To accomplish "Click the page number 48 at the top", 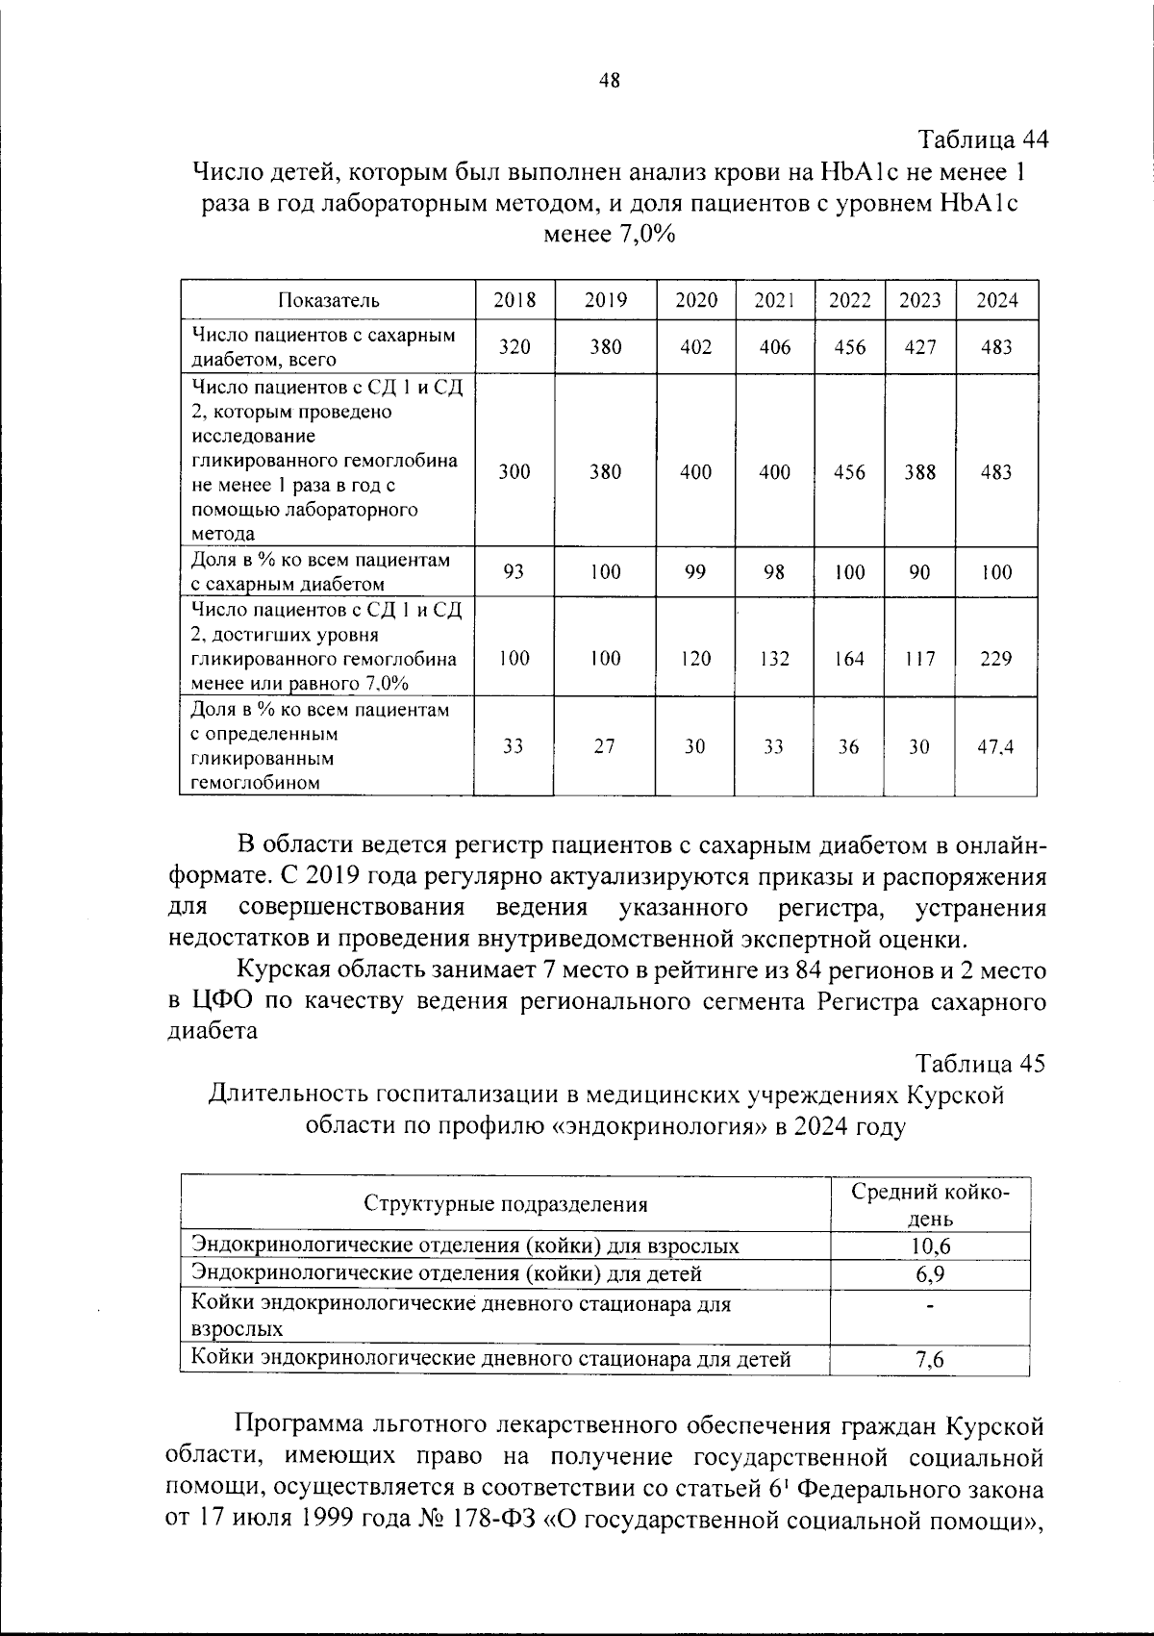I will (609, 81).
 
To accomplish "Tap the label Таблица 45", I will (980, 1064).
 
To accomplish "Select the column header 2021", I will (774, 300).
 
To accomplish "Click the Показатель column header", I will (329, 300).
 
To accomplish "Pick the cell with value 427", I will (919, 347).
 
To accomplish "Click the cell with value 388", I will (919, 472).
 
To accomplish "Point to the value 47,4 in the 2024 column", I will (996, 746).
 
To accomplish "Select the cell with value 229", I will (996, 659).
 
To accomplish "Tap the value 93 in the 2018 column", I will (514, 572).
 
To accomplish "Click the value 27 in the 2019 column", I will (604, 746).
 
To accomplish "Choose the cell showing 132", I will (774, 659).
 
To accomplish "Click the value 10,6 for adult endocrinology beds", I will (930, 1246).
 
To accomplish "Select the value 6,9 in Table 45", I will (930, 1274).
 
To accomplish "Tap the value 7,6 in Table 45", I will (930, 1360).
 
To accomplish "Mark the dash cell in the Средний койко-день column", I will (930, 1306).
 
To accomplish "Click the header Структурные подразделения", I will (505, 1204).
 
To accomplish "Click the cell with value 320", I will (514, 347).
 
